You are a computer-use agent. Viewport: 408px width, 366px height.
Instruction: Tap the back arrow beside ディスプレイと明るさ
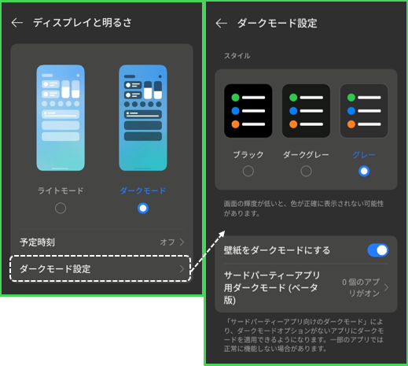pos(17,23)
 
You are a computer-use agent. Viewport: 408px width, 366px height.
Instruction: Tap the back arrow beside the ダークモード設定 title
pos(222,24)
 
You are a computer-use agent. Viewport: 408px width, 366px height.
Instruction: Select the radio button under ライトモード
pos(61,209)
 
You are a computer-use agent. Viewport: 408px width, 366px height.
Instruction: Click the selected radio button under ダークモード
pos(143,209)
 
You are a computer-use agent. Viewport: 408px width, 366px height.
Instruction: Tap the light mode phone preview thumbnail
pos(61,118)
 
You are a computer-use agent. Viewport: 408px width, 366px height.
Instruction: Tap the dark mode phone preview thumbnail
pos(143,118)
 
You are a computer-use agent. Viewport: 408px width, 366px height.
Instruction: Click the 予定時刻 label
pos(37,242)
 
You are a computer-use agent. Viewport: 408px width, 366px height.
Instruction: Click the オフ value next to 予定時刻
pos(167,242)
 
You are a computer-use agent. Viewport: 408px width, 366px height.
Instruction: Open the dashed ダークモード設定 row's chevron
pos(182,269)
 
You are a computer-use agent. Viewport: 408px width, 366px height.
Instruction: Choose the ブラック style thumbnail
pos(248,111)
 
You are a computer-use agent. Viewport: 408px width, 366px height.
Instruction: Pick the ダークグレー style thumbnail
pos(306,111)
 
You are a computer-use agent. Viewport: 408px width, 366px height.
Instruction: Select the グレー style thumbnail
pos(364,111)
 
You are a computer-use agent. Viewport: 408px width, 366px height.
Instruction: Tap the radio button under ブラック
pos(248,172)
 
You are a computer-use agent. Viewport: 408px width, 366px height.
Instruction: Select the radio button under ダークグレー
pos(306,172)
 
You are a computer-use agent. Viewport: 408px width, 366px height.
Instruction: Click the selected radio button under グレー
pos(364,172)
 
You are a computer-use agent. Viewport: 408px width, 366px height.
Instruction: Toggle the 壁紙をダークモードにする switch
pos(378,250)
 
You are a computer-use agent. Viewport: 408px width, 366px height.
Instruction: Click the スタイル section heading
pos(237,56)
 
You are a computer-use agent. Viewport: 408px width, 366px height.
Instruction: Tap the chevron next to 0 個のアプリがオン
pos(386,287)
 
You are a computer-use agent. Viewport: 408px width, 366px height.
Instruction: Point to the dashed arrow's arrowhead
pos(222,233)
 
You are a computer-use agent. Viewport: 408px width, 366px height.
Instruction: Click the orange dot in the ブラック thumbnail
pos(235,124)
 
